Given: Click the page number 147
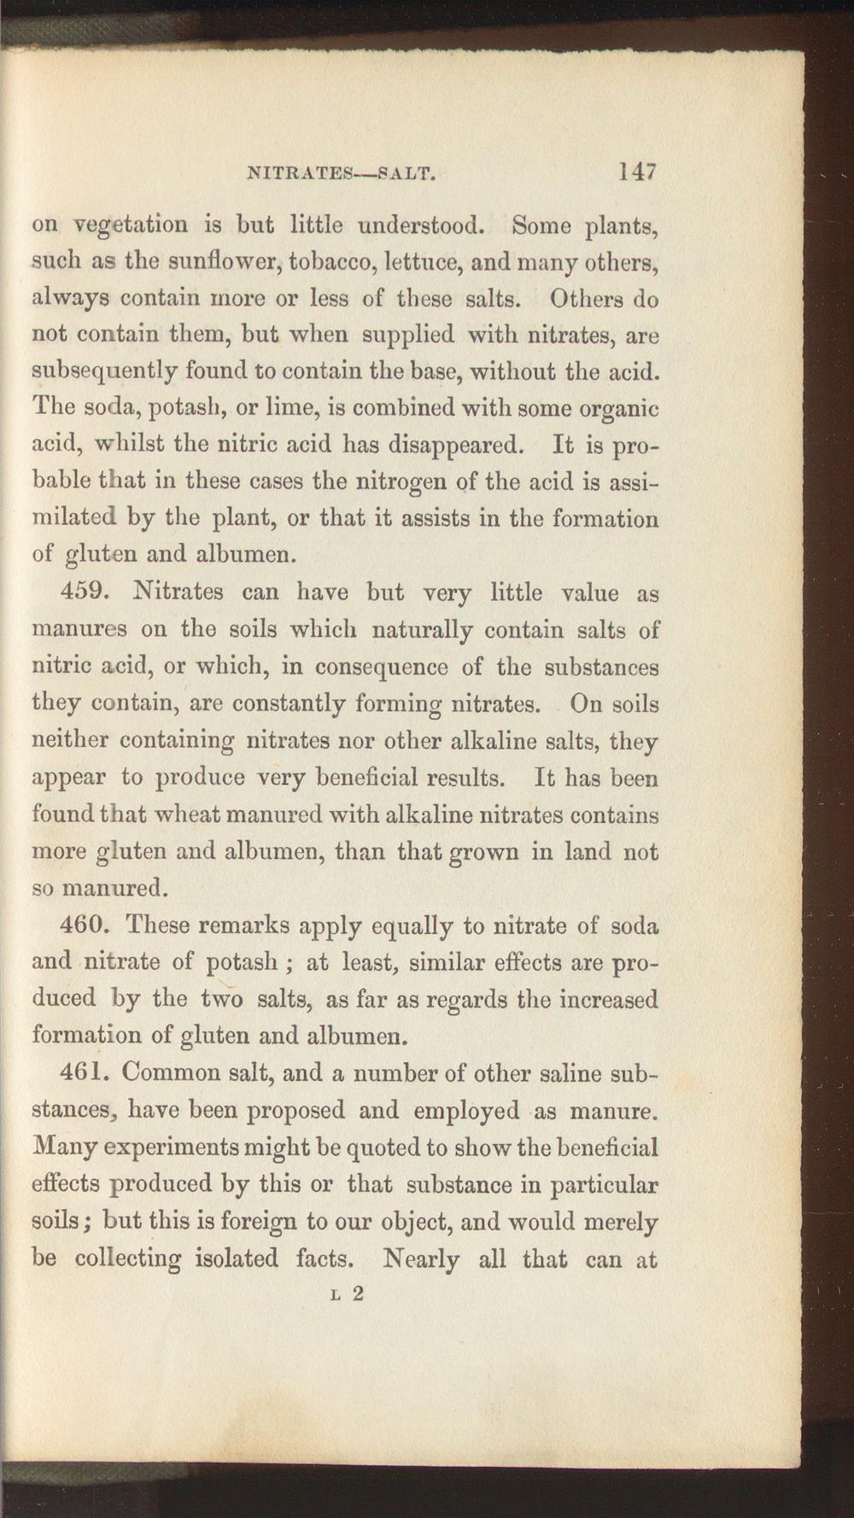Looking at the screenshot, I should coord(638,172).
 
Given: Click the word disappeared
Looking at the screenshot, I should coord(454,445).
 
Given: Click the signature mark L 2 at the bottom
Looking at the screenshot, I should coord(347,1293).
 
